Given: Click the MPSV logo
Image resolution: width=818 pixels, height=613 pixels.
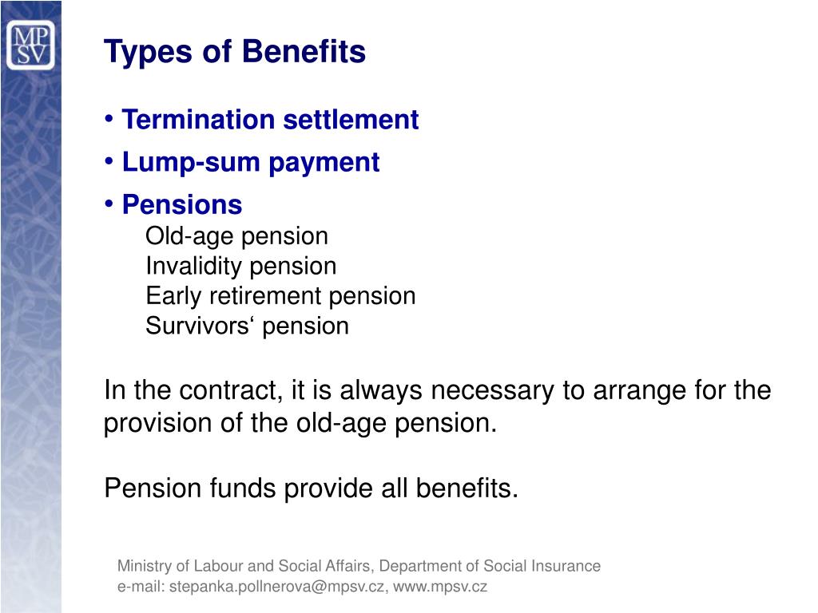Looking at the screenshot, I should [30, 45].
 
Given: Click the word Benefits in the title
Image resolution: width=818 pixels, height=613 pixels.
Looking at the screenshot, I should [304, 53].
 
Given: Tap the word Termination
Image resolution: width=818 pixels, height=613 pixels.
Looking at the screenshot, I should [189, 120].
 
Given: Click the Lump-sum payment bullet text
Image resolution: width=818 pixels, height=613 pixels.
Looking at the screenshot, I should [250, 163].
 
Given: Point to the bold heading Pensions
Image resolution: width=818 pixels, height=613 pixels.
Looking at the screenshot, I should [181, 205].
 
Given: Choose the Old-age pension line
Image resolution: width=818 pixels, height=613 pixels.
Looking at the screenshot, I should [236, 236].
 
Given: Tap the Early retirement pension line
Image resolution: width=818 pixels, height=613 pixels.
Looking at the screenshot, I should [280, 296].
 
